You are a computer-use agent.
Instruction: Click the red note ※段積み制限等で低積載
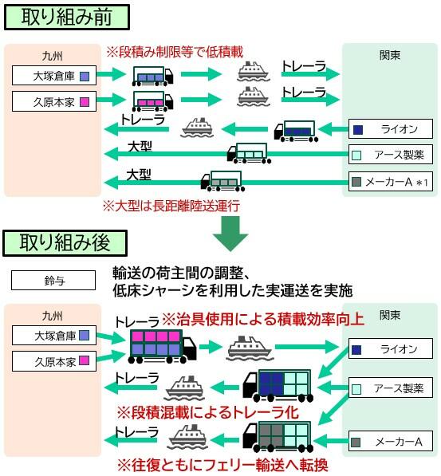pyautogui.click(x=175, y=52)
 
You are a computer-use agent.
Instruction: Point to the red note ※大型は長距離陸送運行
pyautogui.click(x=171, y=205)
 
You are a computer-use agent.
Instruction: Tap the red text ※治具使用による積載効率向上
pyautogui.click(x=263, y=319)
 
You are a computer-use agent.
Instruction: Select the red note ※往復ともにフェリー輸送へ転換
pyautogui.click(x=222, y=464)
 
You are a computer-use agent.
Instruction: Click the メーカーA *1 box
pyautogui.click(x=391, y=183)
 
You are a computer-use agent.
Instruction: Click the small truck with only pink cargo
pyautogui.click(x=152, y=101)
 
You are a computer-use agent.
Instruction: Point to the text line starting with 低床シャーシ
pyautogui.click(x=232, y=290)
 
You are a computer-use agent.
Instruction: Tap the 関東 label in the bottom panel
pyautogui.click(x=389, y=313)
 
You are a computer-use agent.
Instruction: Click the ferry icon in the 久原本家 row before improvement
pyautogui.click(x=254, y=98)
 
